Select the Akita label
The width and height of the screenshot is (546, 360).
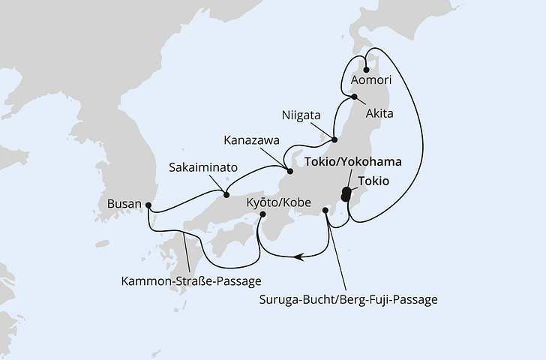tap(379, 114)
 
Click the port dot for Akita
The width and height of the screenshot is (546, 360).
tap(354, 97)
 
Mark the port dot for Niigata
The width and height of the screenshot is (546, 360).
tap(334, 139)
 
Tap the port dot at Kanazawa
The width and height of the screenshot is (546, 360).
tap(291, 171)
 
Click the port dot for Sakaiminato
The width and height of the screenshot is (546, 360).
tap(226, 196)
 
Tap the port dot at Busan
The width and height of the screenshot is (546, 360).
tap(148, 204)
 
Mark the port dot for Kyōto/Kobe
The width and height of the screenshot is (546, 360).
tap(262, 214)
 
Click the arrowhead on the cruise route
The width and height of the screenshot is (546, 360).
tap(301, 257)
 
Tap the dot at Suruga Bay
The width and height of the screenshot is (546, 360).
tap(325, 211)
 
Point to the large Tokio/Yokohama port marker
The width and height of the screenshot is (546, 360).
tap(346, 193)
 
